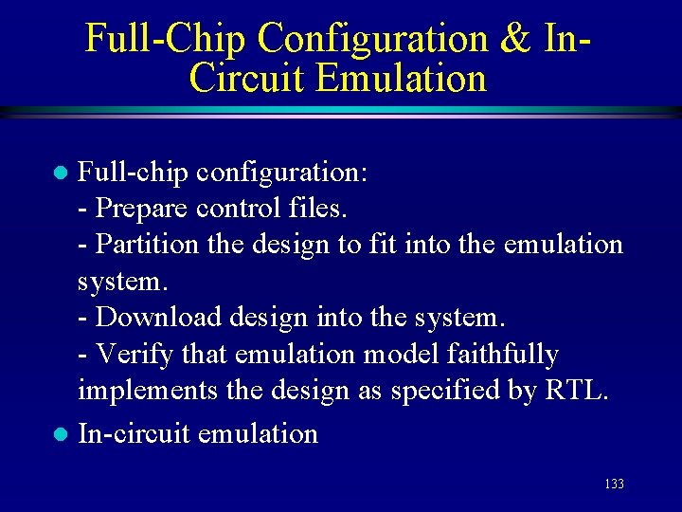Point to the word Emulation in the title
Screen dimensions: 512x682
402,78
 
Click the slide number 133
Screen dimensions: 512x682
614,485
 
